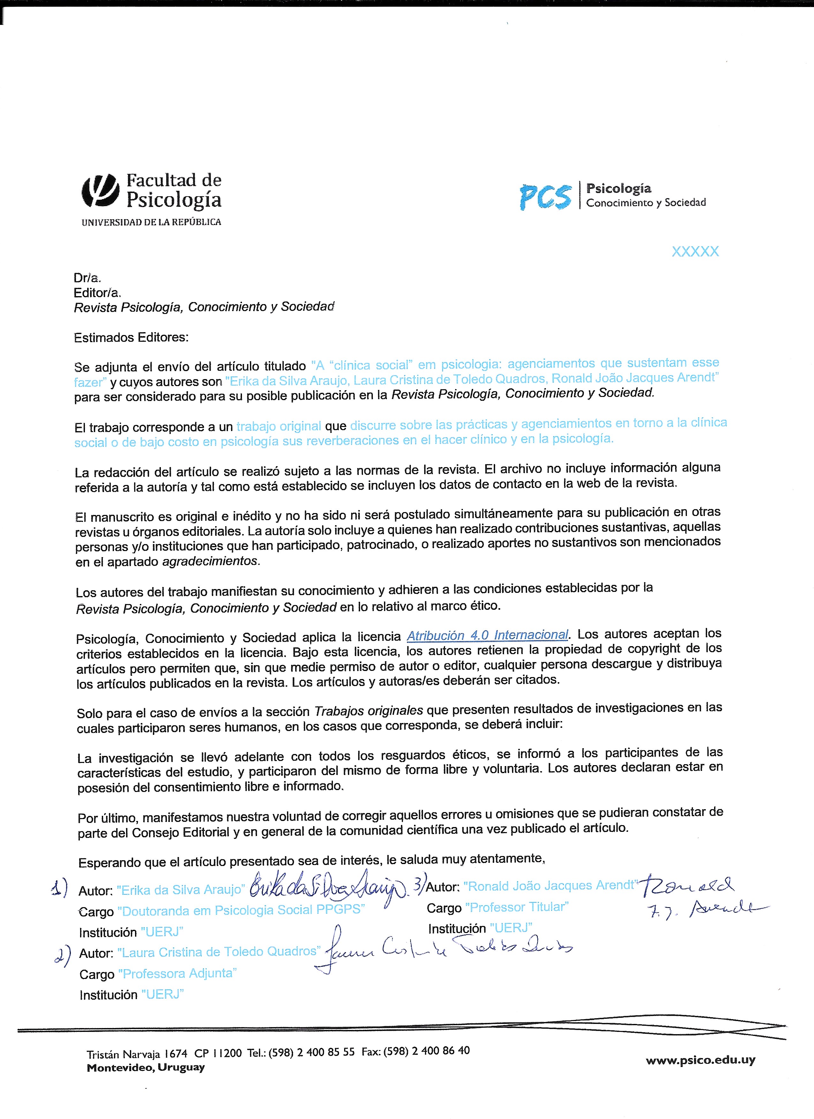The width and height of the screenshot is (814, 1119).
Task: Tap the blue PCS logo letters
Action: pyautogui.click(x=545, y=196)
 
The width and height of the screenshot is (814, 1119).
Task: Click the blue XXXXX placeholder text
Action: pyautogui.click(x=695, y=252)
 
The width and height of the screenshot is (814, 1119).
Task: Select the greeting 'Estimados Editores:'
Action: pyautogui.click(x=131, y=338)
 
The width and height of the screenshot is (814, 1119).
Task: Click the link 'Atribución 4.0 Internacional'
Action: pyautogui.click(x=488, y=635)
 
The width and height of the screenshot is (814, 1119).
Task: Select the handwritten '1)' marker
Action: pyautogui.click(x=59, y=888)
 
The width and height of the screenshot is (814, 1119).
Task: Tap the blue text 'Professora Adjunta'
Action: pyautogui.click(x=177, y=974)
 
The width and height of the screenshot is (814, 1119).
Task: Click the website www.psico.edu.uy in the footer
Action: pyautogui.click(x=700, y=1060)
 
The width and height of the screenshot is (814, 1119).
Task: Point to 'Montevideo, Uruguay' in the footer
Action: pyautogui.click(x=146, y=1067)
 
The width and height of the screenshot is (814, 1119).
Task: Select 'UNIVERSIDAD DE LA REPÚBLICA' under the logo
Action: pyautogui.click(x=151, y=222)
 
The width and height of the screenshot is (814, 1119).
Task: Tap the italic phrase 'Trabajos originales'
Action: pyautogui.click(x=368, y=711)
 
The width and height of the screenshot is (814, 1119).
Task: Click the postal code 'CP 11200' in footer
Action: pyautogui.click(x=218, y=1053)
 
